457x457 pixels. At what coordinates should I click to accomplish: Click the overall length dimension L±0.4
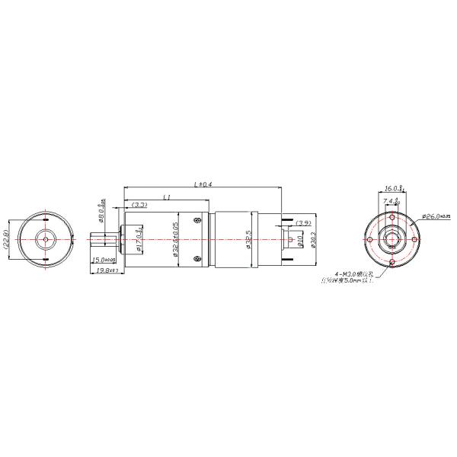pos(203,184)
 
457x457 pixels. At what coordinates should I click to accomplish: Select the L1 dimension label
pos(168,197)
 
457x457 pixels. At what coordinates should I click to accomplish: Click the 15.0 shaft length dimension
pos(104,260)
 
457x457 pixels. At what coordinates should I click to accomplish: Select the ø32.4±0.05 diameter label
pos(176,240)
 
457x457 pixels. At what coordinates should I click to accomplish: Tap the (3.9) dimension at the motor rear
pos(302,222)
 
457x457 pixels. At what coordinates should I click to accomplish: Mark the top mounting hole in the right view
pos(392,216)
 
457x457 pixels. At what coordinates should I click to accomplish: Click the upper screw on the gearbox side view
pos(197,222)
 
